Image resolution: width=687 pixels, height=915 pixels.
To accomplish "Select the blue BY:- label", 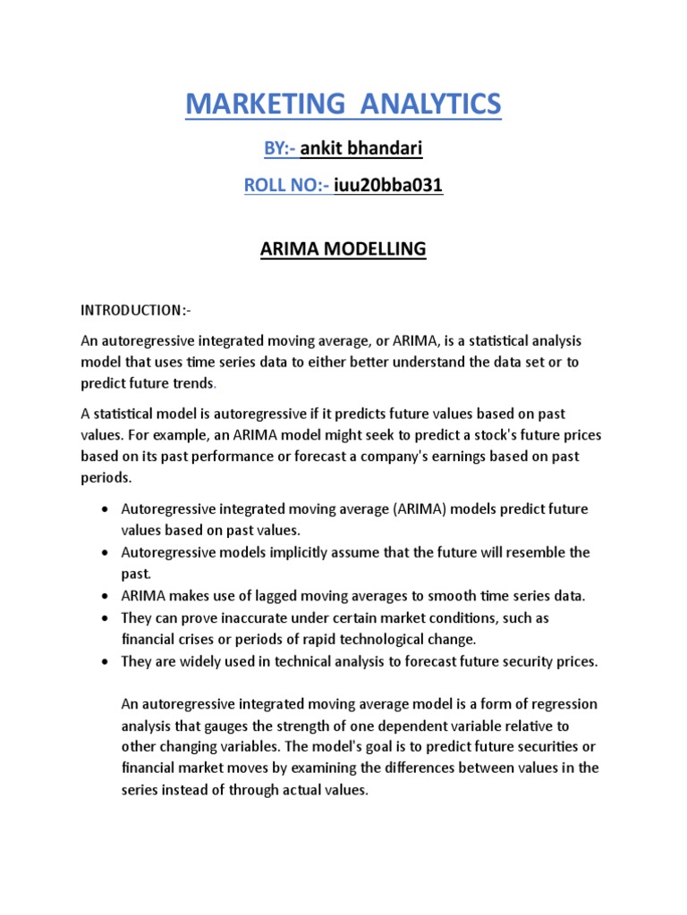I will [279, 149].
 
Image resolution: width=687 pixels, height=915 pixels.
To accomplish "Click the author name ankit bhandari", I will [361, 149].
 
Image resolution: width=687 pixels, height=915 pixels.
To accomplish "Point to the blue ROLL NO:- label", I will [286, 186].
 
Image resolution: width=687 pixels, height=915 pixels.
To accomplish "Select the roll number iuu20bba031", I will [388, 186].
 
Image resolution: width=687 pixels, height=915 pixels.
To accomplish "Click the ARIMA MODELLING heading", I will [343, 248].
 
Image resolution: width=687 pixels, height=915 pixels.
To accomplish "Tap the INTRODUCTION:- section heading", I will [136, 310].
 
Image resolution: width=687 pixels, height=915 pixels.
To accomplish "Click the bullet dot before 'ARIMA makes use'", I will [106, 596].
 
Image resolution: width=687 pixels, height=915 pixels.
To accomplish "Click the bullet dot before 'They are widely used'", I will [106, 662].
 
